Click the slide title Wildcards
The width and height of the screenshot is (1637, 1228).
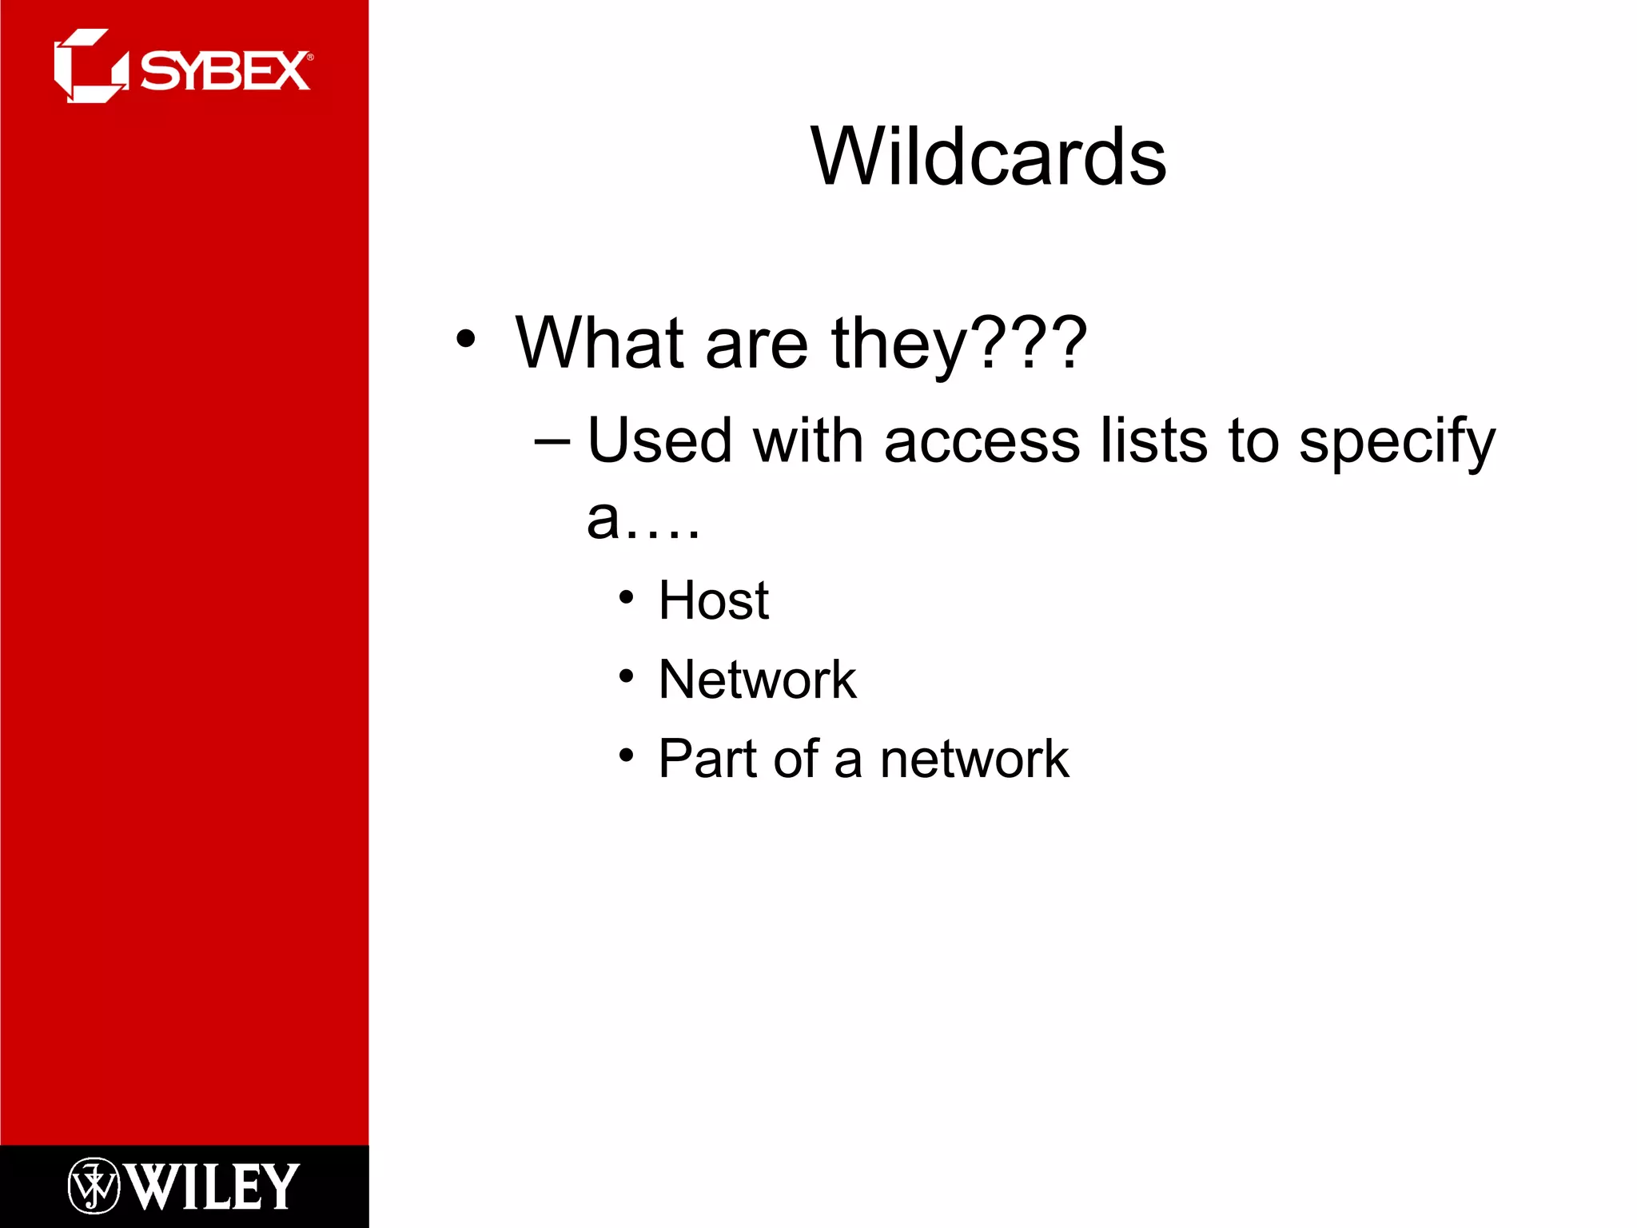point(988,157)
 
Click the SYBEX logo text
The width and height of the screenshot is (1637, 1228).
point(225,72)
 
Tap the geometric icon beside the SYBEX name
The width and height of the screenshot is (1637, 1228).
point(90,66)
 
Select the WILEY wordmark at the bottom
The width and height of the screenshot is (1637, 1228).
point(213,1186)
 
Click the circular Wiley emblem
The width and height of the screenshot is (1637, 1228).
point(94,1186)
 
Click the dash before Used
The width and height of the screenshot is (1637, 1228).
point(552,441)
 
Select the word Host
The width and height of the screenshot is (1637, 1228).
point(713,600)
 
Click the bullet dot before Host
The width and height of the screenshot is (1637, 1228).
point(626,598)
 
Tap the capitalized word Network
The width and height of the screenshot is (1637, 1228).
point(757,680)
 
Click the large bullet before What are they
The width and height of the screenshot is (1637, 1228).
point(465,339)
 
